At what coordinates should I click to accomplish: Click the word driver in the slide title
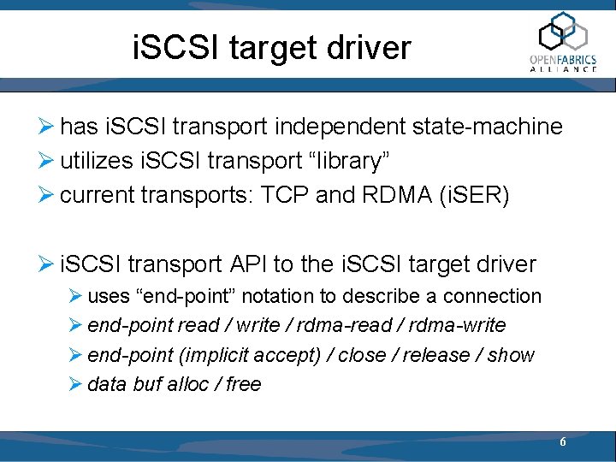(373, 48)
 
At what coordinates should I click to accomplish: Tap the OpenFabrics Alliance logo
(563, 43)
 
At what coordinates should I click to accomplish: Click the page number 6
(562, 442)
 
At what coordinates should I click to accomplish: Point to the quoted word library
(330, 162)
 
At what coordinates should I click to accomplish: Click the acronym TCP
(286, 196)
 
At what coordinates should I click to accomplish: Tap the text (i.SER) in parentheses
(477, 196)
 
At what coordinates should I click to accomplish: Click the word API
(254, 264)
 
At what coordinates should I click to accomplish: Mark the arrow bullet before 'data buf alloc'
(75, 384)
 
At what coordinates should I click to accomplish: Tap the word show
(511, 354)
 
